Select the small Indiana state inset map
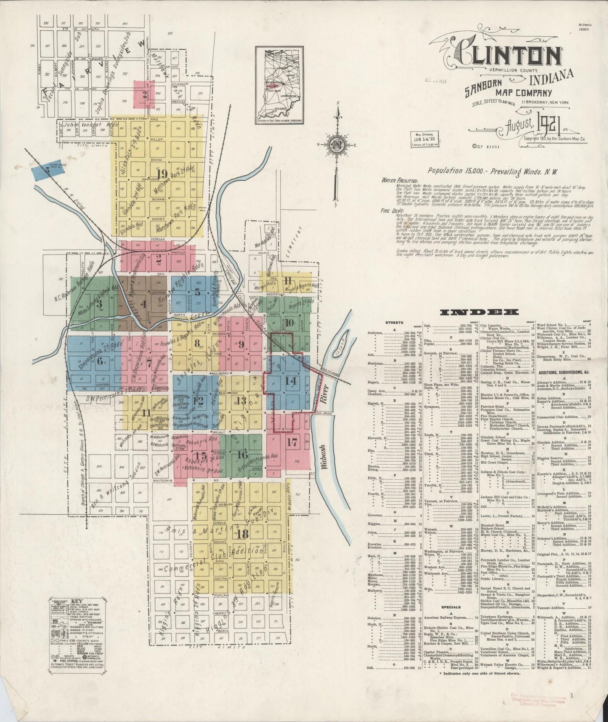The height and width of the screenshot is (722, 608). tap(279, 85)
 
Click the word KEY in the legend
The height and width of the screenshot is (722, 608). tap(76, 602)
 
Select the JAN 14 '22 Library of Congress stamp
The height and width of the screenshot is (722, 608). tap(424, 138)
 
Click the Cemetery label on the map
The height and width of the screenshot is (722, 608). tap(301, 241)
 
